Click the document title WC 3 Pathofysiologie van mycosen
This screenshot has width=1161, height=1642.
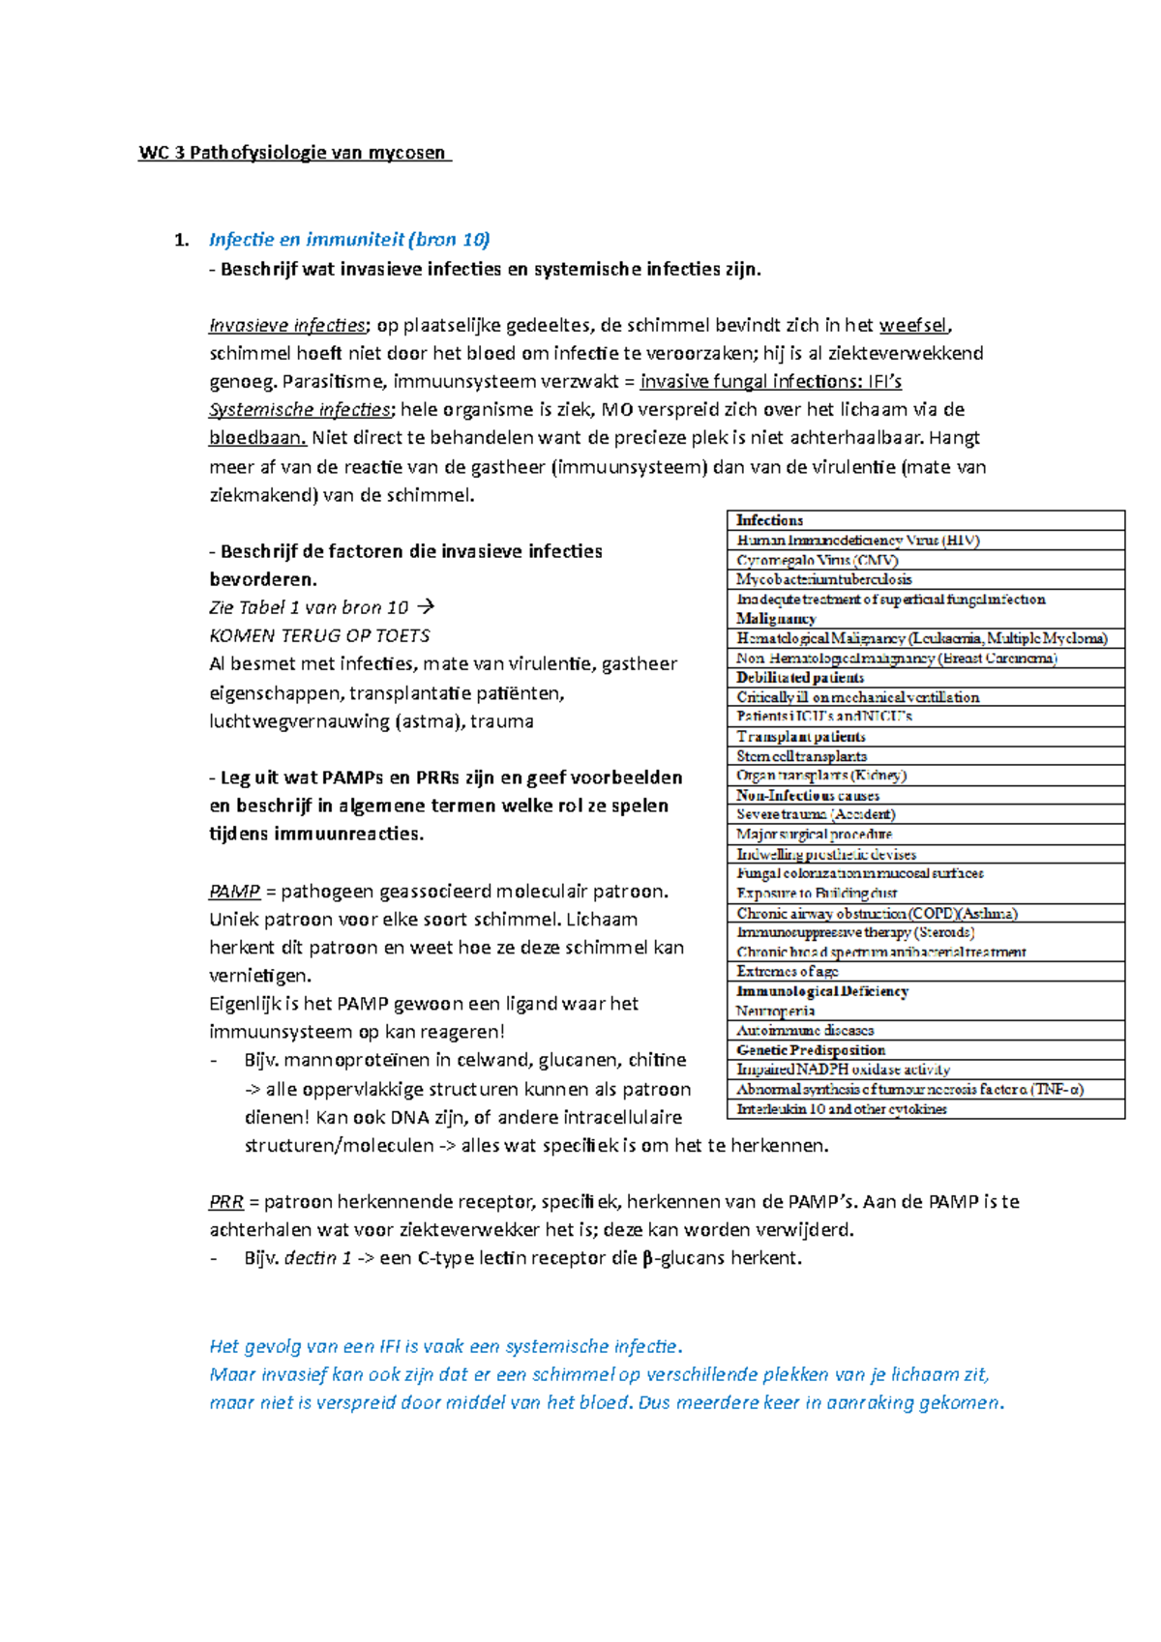pyautogui.click(x=293, y=153)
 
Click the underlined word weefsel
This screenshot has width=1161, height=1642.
pyautogui.click(x=913, y=325)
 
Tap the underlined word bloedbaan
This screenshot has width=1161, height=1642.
pyautogui.click(x=257, y=438)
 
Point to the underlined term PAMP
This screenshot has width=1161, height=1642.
pyautogui.click(x=234, y=892)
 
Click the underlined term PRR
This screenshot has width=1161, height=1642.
pyautogui.click(x=225, y=1202)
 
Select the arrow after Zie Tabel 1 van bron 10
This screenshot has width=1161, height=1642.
pyautogui.click(x=425, y=607)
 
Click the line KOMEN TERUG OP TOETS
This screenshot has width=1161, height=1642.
pyautogui.click(x=319, y=636)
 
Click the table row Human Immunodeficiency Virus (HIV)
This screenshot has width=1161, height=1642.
pyautogui.click(x=858, y=541)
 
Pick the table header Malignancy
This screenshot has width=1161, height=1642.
pyautogui.click(x=776, y=619)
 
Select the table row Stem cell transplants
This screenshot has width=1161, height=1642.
pyautogui.click(x=801, y=756)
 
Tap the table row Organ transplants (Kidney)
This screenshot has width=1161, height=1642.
pyautogui.click(x=821, y=776)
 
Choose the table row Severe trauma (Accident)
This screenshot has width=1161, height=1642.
pyautogui.click(x=816, y=814)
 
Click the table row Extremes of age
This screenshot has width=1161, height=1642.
pyautogui.click(x=788, y=972)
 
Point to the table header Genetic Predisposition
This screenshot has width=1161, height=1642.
pyautogui.click(x=811, y=1050)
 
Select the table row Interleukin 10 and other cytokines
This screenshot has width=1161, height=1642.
pyautogui.click(x=842, y=1109)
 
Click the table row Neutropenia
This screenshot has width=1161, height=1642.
pyautogui.click(x=776, y=1011)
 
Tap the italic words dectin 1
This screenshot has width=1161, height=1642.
pyautogui.click(x=317, y=1259)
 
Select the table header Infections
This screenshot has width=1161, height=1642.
pyautogui.click(x=769, y=520)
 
